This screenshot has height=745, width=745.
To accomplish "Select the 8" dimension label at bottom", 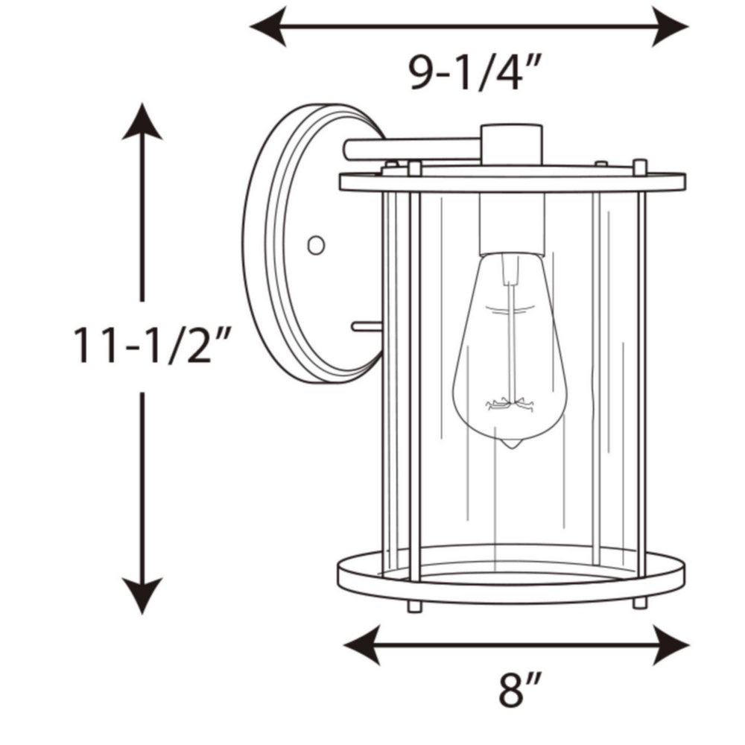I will (x=519, y=690).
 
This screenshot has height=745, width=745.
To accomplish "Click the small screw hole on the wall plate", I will (x=316, y=244).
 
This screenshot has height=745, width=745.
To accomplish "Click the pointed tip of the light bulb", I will (x=510, y=445).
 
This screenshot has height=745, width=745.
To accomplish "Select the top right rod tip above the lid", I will (x=639, y=164).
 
